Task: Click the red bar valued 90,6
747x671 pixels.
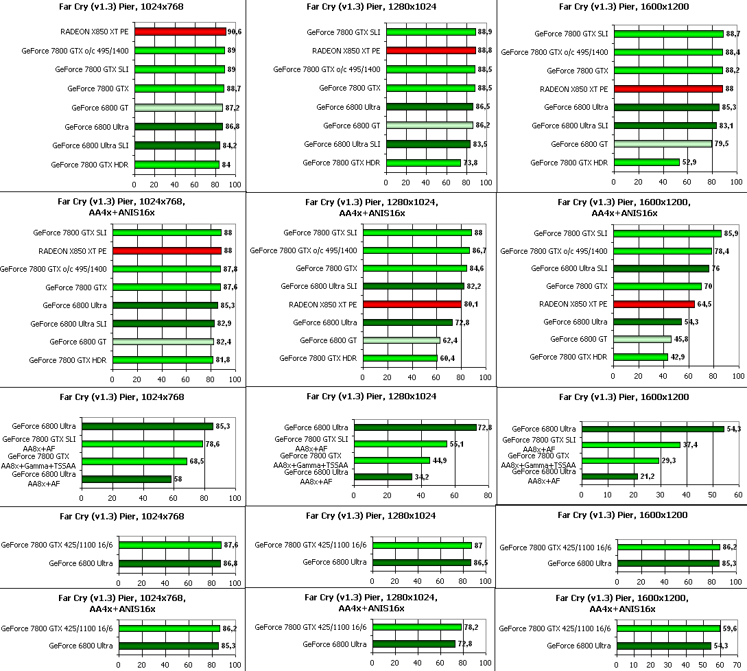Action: click(x=180, y=32)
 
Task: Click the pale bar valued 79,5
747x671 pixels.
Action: click(x=663, y=144)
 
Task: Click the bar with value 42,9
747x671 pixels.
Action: click(x=641, y=357)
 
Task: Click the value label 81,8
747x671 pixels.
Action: click(x=224, y=360)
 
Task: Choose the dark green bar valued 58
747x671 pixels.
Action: click(x=126, y=479)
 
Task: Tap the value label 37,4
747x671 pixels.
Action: click(x=690, y=445)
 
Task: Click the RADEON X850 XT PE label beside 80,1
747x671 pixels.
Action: click(x=323, y=304)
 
